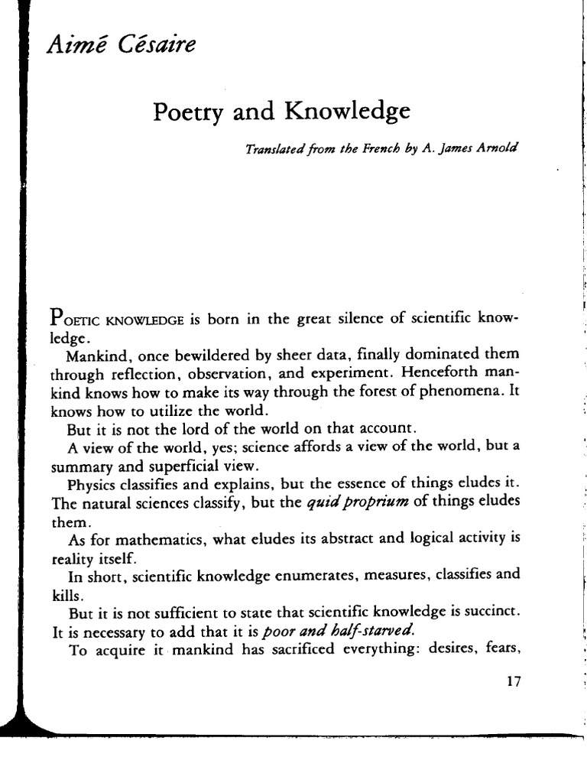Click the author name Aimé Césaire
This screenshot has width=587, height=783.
point(122,45)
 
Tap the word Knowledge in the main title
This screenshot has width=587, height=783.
point(348,112)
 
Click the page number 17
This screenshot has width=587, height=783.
point(513,682)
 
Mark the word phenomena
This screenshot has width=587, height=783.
point(462,392)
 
